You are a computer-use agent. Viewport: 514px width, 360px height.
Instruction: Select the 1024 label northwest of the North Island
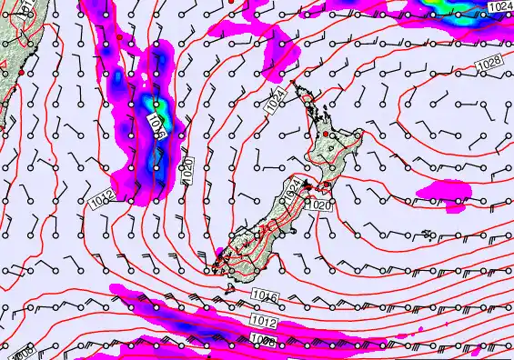point(277,101)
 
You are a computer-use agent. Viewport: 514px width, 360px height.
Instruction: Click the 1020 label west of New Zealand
point(186,170)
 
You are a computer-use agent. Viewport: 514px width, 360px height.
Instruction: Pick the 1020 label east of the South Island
point(318,206)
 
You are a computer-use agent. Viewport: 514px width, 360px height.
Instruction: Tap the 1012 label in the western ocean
point(103,196)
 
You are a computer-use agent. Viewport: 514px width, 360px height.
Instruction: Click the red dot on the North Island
point(326,135)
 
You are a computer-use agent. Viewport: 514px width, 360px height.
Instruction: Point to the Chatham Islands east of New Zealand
point(428,235)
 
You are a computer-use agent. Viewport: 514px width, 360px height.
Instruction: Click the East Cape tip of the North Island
point(362,134)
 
